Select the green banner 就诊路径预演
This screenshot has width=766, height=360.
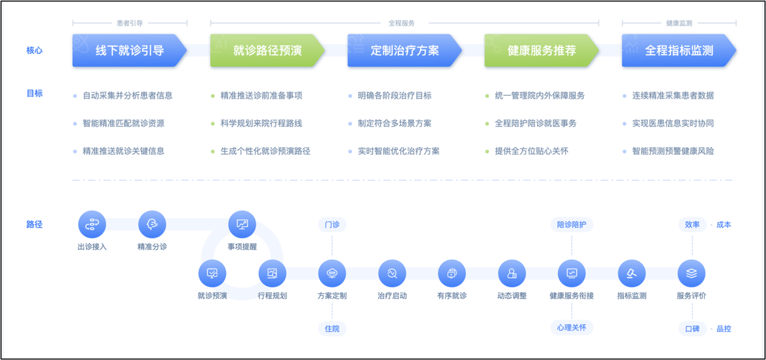tap(267, 50)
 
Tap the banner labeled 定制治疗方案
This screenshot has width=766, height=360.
tap(404, 50)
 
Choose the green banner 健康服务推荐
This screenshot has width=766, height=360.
tap(541, 50)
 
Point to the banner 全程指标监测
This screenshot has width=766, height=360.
tap(679, 50)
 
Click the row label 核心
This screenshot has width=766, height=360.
tap(35, 50)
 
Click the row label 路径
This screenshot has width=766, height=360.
tap(35, 225)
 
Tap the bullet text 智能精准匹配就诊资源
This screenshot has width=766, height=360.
tap(123, 123)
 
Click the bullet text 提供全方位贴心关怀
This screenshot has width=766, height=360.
tap(531, 151)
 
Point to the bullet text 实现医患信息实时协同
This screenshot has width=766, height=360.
tap(673, 123)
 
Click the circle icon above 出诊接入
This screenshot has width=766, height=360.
tap(92, 225)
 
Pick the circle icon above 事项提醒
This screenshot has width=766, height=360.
tap(242, 225)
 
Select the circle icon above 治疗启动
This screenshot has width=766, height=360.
tap(392, 274)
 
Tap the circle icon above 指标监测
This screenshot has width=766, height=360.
tap(631, 274)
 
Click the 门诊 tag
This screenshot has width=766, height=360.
tap(332, 225)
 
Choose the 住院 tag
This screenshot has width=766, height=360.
tap(332, 328)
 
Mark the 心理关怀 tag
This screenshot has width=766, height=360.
tap(572, 328)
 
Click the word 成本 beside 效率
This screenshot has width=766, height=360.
tap(724, 225)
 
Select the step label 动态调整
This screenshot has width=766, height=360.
tap(512, 296)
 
